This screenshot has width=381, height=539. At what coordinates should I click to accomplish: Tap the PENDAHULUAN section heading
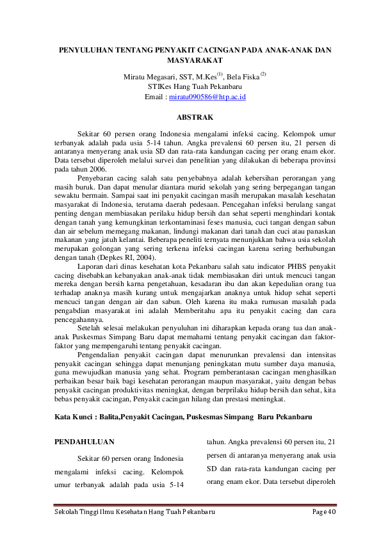click(x=85, y=441)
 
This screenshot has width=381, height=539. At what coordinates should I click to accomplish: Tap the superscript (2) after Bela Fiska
click(x=263, y=74)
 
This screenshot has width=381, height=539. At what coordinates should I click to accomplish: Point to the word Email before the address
click(x=155, y=97)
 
